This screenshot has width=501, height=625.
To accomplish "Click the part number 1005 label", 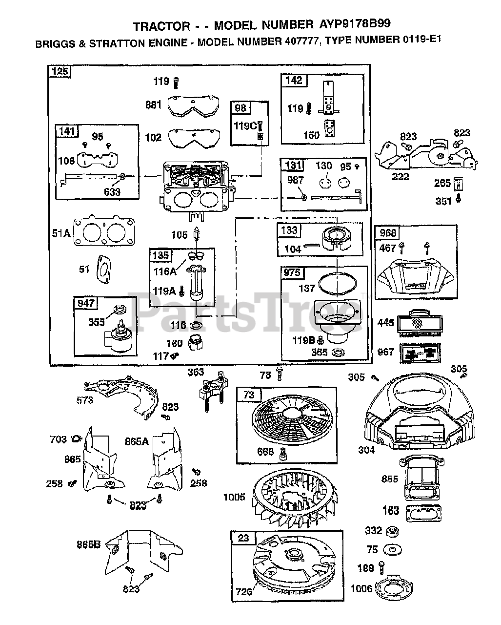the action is (x=234, y=497).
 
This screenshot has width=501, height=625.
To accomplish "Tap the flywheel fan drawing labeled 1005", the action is (x=295, y=497).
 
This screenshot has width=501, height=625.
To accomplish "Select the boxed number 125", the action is (x=60, y=71).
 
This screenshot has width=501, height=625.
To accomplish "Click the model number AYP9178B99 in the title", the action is (x=355, y=24).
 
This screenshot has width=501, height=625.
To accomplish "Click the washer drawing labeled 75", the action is (x=392, y=549).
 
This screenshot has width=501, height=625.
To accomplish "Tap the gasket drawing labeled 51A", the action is (x=104, y=230).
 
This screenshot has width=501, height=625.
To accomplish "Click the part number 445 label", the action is (x=385, y=323).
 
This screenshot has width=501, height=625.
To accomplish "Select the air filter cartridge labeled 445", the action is (x=420, y=323).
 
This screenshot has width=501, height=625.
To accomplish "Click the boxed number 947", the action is (x=86, y=303).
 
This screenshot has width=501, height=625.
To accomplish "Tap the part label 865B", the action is (x=88, y=544).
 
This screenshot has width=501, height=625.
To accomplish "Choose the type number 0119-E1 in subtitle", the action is (x=422, y=40).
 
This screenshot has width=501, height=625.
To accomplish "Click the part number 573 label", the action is (x=85, y=400).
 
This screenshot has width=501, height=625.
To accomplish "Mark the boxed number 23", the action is (x=243, y=538).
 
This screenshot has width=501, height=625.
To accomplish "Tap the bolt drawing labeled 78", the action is (x=280, y=374).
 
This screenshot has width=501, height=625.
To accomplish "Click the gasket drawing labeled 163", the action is (x=423, y=513).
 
